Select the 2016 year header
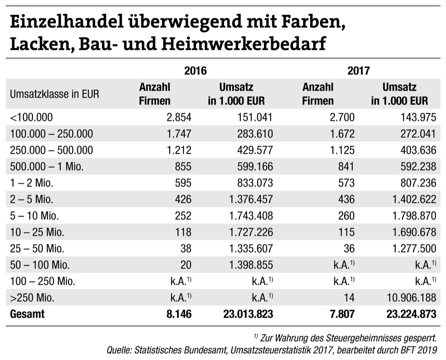click(x=195, y=71)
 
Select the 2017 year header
click(x=358, y=71)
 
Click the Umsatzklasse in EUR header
click(x=55, y=94)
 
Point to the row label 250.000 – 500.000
click(x=51, y=150)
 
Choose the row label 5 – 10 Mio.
click(x=36, y=216)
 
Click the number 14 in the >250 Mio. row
click(x=349, y=298)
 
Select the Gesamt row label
click(x=27, y=314)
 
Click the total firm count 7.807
click(x=341, y=314)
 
